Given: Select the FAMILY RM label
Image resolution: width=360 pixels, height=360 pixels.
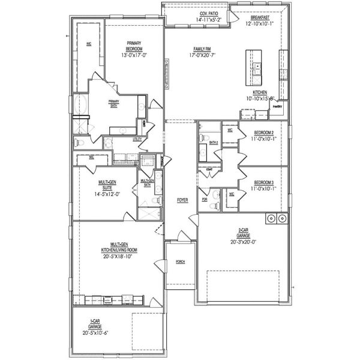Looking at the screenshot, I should click(x=201, y=48).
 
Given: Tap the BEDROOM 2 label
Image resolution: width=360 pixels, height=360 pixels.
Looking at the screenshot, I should click(x=263, y=132).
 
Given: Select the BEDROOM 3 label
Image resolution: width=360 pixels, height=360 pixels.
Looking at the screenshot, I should click(x=263, y=182).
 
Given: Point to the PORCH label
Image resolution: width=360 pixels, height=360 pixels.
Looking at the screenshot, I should click(x=180, y=262).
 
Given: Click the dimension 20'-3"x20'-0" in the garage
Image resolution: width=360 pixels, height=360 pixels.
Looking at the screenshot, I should click(x=243, y=242).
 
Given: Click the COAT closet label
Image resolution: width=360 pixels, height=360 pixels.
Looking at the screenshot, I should click(x=209, y=169).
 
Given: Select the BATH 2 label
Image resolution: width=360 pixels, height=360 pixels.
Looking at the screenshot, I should click(x=213, y=142).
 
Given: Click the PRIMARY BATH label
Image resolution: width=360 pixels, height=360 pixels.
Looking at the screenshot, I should click(x=114, y=103).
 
